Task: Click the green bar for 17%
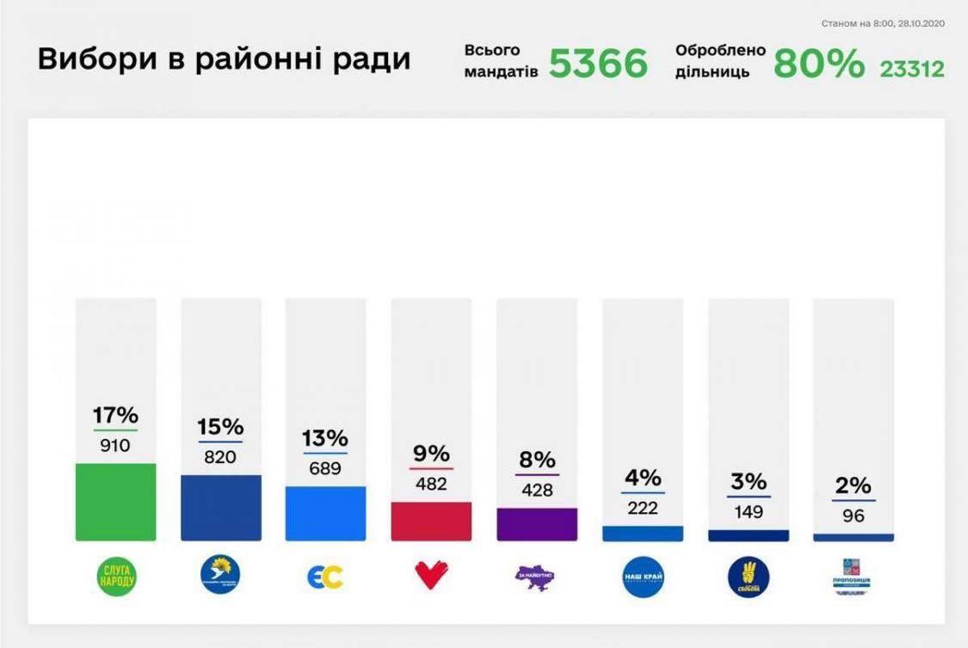(115, 502)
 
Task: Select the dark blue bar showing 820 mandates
(221, 508)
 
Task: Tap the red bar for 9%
(431, 521)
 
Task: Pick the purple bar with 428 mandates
(537, 524)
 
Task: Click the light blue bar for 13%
(326, 513)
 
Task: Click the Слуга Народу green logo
(115, 576)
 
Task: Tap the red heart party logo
(431, 575)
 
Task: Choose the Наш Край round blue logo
(643, 576)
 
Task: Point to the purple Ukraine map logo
(537, 576)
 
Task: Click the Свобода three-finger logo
(748, 576)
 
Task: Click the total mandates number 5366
(598, 63)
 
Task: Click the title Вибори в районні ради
(224, 59)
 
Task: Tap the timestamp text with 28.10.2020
(883, 23)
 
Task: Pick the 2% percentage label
(854, 486)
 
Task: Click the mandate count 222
(643, 509)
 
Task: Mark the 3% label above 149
(748, 482)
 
